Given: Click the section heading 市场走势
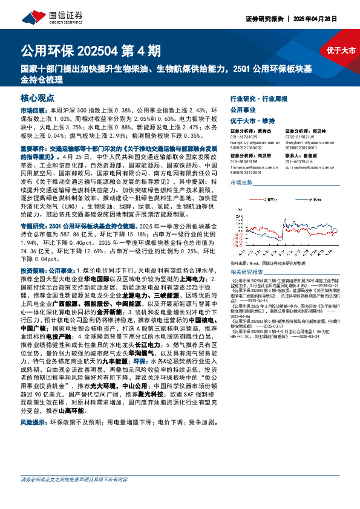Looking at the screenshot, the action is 240,182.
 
